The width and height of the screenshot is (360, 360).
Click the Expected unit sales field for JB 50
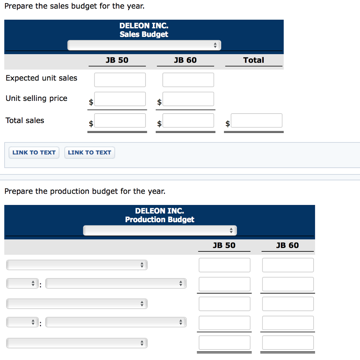120,80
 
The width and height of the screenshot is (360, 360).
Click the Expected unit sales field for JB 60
188,80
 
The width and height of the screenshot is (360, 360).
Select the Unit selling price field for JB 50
120,99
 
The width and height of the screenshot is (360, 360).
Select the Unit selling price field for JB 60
188,99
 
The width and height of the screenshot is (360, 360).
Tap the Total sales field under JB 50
120,121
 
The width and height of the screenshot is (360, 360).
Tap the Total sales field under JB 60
188,121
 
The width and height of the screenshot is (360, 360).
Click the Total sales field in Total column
256,121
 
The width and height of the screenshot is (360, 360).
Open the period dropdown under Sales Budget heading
144,45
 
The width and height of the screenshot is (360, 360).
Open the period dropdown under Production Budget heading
160,231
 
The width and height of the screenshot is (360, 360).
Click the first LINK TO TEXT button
34,153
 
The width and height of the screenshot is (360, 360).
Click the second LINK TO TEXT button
89,153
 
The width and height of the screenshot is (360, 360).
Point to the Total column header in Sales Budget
253,60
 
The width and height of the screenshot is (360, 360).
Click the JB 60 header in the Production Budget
287,245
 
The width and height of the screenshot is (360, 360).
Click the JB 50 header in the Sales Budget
117,60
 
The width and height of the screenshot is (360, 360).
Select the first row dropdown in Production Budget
77,265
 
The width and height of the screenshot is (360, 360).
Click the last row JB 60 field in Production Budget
288,343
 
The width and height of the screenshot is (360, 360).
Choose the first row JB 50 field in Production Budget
224,265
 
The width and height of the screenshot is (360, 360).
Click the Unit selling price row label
37,98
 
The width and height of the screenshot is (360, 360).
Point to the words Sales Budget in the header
144,34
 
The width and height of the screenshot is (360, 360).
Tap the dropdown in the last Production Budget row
77,343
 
